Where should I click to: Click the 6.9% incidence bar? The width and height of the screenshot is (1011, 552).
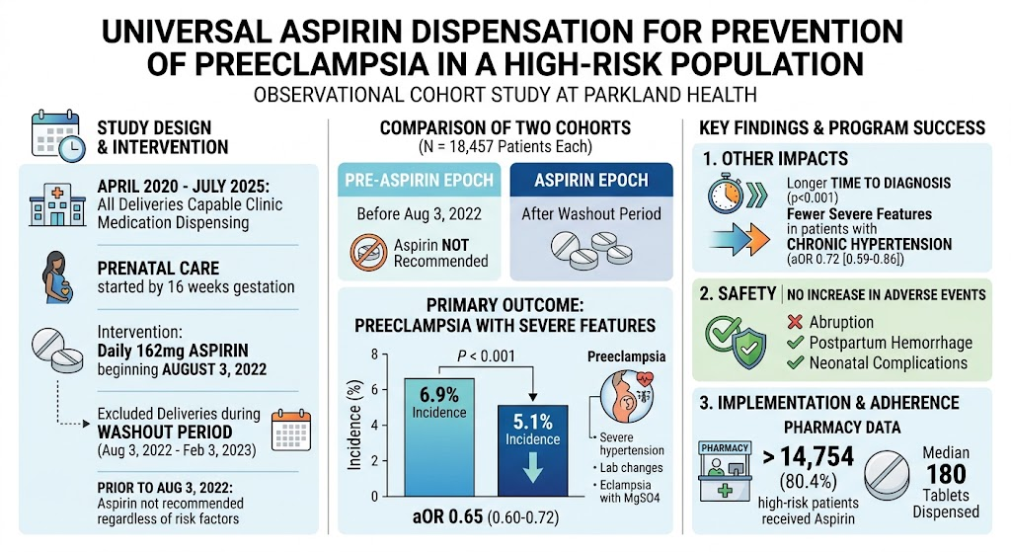439,437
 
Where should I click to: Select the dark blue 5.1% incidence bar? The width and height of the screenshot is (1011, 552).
532,450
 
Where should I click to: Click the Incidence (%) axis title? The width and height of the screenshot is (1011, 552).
354,424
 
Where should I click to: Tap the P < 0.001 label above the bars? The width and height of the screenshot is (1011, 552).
486,355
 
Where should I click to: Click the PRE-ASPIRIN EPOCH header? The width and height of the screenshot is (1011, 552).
419,180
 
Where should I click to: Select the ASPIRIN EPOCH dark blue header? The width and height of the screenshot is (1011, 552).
591,180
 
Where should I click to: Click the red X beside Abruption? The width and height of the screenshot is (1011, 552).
795,322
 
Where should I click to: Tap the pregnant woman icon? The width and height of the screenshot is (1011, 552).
57,277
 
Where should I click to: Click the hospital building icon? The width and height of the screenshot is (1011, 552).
57,203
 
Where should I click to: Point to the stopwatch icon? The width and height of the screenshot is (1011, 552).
726,194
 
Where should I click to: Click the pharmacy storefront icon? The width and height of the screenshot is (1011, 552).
725,471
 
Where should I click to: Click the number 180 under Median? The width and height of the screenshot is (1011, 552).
946,475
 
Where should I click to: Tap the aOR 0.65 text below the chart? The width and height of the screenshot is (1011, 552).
447,517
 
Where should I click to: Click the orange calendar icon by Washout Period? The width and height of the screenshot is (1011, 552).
291,431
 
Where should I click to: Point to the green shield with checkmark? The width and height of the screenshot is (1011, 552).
748,349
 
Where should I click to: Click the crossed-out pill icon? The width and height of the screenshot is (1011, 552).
369,252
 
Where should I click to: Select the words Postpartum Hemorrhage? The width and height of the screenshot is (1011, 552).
892,343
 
